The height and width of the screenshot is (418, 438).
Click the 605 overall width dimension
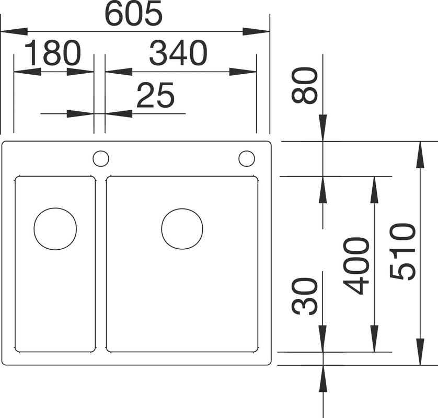133,14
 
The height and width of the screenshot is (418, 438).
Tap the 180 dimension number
53,53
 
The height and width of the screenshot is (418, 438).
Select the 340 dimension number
178,53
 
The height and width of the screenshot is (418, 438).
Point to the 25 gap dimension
155,95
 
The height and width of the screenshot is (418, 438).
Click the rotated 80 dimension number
305,85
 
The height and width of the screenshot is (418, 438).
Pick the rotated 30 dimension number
305,296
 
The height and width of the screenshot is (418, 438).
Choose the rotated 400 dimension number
356,266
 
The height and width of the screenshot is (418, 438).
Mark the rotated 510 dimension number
402,251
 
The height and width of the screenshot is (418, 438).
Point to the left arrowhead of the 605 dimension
15,31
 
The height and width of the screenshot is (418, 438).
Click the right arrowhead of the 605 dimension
256,31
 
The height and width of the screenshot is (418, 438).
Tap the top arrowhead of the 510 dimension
420,155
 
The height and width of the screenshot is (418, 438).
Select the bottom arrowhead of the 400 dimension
374,339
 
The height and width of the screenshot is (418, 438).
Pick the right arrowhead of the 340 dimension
243,72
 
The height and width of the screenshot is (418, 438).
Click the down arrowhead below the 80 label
323,128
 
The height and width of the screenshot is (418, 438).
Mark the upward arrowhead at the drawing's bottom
323,378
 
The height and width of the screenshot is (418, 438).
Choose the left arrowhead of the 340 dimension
119,72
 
